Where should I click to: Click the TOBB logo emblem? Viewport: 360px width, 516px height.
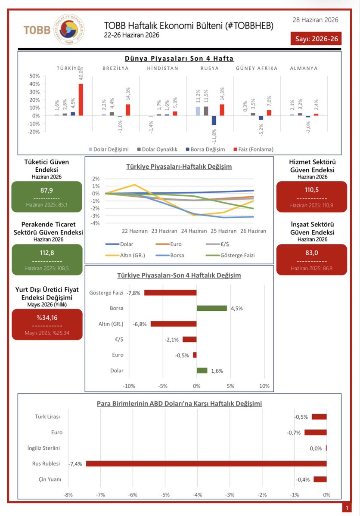(x=69, y=29)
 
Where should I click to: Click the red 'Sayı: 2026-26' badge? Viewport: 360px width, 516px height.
(x=316, y=38)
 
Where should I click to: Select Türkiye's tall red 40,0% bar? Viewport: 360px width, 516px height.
(x=81, y=100)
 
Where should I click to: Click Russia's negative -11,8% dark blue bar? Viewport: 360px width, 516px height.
(x=214, y=121)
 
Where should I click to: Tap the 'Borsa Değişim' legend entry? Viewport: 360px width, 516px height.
(x=205, y=149)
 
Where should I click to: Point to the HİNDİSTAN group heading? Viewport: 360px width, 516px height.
(x=163, y=68)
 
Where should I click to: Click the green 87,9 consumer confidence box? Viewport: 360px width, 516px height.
(x=47, y=197)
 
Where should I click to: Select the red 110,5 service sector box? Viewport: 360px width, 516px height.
(x=312, y=197)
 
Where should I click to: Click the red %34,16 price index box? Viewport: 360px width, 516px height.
(x=47, y=324)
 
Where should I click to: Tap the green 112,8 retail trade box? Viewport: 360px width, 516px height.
(x=47, y=260)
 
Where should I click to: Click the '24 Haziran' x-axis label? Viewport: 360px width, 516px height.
(x=194, y=231)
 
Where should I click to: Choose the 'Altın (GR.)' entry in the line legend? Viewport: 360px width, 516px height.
(x=125, y=255)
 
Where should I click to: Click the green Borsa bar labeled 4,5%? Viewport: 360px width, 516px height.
(x=212, y=308)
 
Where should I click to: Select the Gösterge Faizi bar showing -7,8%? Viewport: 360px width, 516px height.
(x=170, y=293)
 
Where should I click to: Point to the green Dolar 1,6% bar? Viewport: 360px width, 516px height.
(x=202, y=371)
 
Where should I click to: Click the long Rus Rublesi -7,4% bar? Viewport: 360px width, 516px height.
(x=207, y=463)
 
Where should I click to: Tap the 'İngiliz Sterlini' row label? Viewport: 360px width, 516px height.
(x=44, y=448)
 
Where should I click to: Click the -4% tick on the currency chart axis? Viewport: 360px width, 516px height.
(x=198, y=495)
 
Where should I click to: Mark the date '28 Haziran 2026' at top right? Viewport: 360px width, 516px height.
(x=316, y=20)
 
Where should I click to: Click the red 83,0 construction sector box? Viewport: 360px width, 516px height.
(x=312, y=260)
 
